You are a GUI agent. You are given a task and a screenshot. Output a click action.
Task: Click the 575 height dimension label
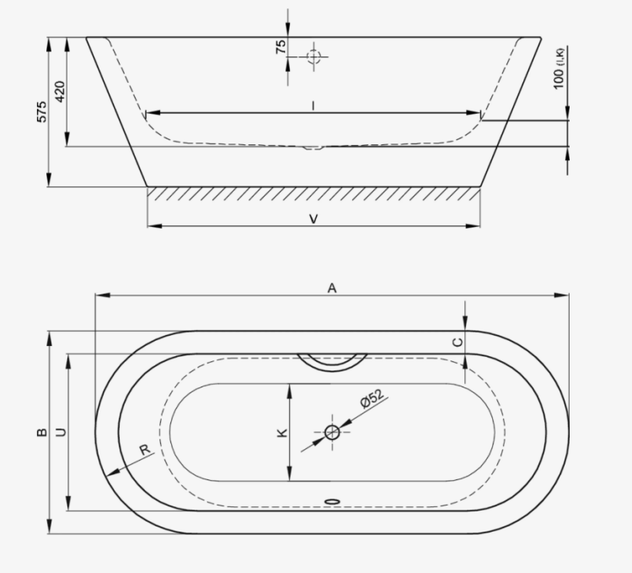41,111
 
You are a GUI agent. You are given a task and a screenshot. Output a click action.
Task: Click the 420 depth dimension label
60,92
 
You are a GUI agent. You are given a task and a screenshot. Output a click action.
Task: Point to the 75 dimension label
281,46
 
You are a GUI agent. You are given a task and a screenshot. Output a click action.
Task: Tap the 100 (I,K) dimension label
559,68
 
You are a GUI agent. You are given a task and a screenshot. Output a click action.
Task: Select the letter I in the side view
313,105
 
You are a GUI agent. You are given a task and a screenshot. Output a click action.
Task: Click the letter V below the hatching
313,219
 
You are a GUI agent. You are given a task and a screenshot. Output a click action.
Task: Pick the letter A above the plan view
331,288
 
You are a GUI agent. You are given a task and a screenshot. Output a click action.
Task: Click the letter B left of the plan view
41,432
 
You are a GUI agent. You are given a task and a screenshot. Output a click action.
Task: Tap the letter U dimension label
61,432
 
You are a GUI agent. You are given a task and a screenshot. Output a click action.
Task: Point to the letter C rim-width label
458,342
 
